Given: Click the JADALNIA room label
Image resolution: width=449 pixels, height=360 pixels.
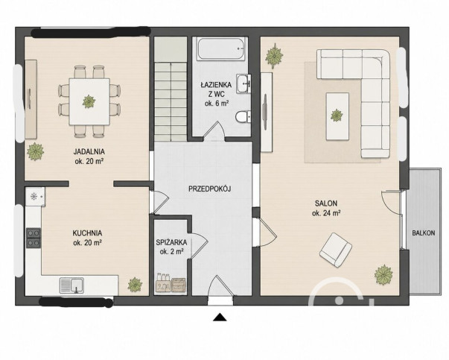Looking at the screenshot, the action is click(89, 151).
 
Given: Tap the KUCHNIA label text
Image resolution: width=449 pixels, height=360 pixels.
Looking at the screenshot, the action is click(87, 233).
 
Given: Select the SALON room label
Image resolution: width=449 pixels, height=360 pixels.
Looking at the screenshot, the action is click(326, 203).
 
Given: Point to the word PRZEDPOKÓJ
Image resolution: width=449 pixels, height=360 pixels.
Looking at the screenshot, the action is click(210, 189).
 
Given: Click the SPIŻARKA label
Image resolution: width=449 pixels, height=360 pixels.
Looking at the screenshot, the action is click(171, 242).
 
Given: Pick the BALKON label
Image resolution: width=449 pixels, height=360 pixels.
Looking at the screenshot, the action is click(423, 233).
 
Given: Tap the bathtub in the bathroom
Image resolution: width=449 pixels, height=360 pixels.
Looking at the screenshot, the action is click(222, 48).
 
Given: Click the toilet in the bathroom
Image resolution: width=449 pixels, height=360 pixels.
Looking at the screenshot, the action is click(243, 117).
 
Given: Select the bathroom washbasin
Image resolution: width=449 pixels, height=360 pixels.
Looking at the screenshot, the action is click(243, 83).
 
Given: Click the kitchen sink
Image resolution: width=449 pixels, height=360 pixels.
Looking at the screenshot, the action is click(71, 285).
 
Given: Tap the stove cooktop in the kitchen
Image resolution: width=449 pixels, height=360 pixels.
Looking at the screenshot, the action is click(34, 238).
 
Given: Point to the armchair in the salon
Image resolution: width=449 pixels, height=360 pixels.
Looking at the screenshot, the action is click(335, 250).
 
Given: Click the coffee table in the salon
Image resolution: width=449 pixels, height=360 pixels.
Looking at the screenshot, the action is click(337, 116).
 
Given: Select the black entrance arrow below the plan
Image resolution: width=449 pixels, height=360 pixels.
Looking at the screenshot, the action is click(220, 317).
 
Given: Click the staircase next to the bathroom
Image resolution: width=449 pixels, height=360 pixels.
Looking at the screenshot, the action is click(171, 89).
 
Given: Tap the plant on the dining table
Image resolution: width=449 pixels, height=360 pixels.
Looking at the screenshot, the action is click(89, 101).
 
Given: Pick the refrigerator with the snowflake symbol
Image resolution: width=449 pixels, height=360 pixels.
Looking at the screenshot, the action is click(35, 196).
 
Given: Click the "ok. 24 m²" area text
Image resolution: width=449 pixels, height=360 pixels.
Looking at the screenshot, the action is click(326, 213).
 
